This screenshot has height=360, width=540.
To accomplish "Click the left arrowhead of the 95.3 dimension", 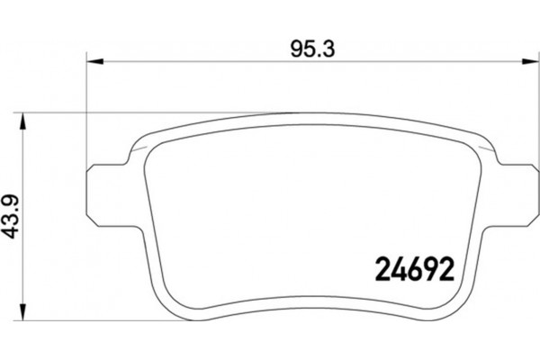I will pos(94,62).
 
